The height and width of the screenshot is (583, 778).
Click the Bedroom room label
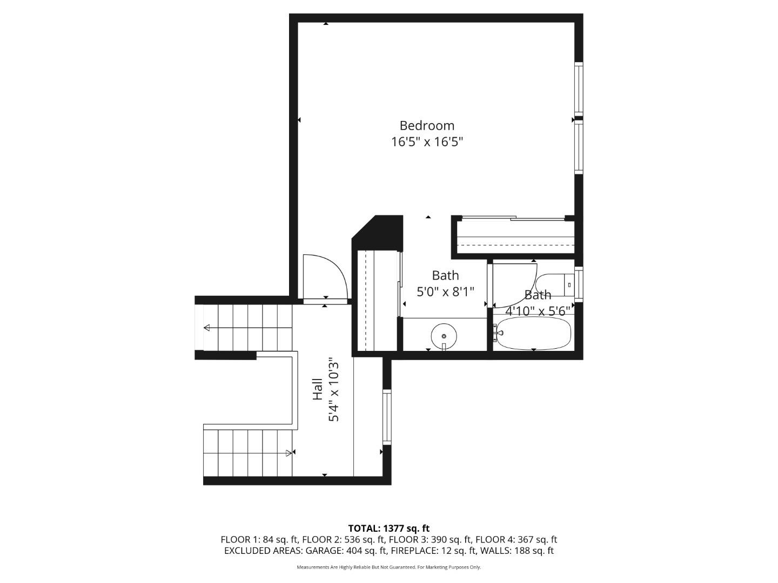[427, 126]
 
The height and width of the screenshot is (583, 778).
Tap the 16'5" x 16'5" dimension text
[427, 143]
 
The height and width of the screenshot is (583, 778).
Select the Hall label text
[318, 389]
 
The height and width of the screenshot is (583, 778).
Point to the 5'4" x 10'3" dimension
[334, 389]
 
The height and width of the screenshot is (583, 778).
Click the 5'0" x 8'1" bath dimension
[445, 292]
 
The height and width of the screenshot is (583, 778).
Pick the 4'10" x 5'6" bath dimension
[538, 311]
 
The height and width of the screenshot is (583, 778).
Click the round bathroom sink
[444, 336]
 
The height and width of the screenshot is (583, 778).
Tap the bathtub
[533, 333]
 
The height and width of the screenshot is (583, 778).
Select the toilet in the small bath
[554, 284]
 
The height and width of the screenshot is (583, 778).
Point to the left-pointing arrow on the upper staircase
[207, 328]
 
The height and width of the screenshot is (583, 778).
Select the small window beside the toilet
[579, 284]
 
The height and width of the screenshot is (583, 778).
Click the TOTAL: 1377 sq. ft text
[389, 528]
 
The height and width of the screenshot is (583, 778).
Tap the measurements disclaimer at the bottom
[389, 567]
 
